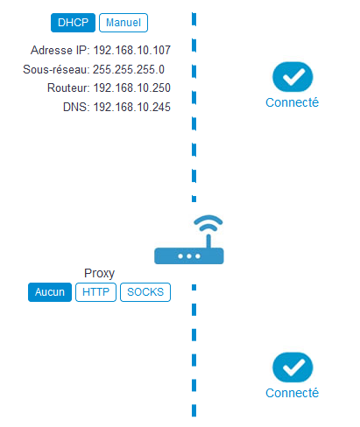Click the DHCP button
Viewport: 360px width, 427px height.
tap(73, 23)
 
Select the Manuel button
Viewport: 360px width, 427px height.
tap(124, 23)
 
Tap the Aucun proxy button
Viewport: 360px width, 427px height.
tap(50, 292)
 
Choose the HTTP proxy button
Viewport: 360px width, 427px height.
tap(95, 292)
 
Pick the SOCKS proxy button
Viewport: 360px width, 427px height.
tap(145, 292)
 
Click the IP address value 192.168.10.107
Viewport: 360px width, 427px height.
tap(132, 50)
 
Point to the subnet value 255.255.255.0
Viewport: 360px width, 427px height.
tap(129, 69)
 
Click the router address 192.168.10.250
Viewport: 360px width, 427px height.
tap(132, 87)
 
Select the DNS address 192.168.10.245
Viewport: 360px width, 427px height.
tap(132, 107)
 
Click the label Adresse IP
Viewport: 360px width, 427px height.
tap(60, 50)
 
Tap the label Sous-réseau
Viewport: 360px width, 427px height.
tap(55, 69)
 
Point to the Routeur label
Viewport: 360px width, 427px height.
tap(67, 87)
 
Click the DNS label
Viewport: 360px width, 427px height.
tap(75, 107)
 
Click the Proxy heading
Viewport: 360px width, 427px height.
tap(99, 273)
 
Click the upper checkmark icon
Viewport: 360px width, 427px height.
tap(293, 77)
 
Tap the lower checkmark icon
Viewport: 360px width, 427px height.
tap(293, 367)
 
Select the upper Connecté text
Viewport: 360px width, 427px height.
tap(292, 102)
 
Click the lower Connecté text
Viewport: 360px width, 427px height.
tap(292, 393)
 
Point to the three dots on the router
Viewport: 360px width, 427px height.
tap(189, 256)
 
